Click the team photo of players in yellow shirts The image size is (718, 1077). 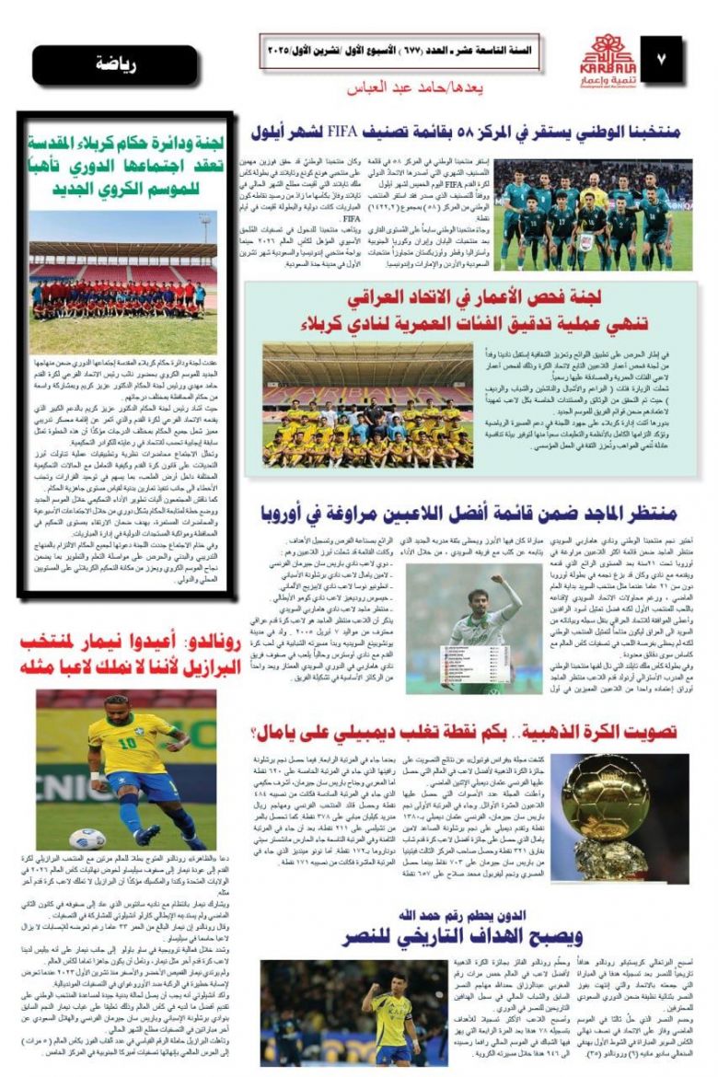366,404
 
